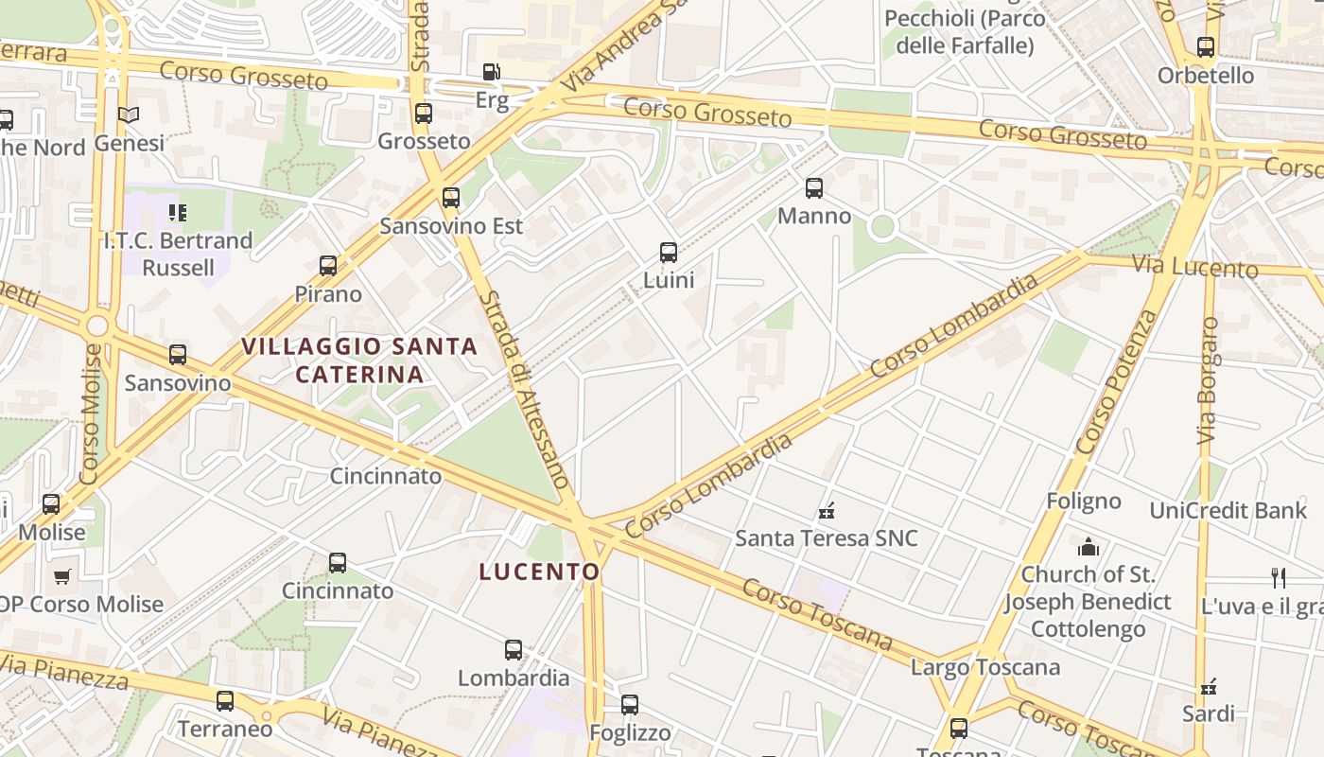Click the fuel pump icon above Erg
[x=491, y=72]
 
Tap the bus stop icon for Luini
[x=669, y=253]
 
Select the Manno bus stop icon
[x=814, y=188]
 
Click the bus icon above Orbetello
[x=1206, y=47]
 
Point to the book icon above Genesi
[x=129, y=115]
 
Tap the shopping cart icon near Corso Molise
[x=62, y=576]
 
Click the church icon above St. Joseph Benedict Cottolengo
[x=1089, y=547]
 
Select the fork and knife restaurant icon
[x=1279, y=578]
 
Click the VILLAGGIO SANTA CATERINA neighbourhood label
[x=359, y=361]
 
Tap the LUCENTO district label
[x=539, y=572]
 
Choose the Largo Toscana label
[x=985, y=668]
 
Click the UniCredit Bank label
[x=1228, y=511]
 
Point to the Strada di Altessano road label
[x=525, y=389]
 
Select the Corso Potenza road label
[x=1117, y=382]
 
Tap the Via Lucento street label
[x=1195, y=266]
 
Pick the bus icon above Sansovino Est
[x=451, y=198]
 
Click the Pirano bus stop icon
[x=328, y=266]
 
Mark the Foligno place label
[x=1084, y=502]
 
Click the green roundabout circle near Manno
[x=882, y=226]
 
